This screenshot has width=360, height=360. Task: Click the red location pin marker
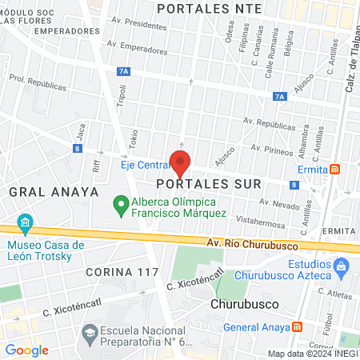tap(181, 162)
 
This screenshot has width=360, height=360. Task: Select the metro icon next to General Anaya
tap(298, 326)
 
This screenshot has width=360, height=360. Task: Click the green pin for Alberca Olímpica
tap(121, 206)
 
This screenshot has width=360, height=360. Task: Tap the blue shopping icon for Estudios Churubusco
tap(342, 264)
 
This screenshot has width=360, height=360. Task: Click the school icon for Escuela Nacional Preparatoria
tap(90, 330)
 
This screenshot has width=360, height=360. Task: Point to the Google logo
tap(26, 350)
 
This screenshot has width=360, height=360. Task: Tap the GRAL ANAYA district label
tap(54, 192)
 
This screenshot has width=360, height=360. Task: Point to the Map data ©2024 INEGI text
tap(311, 354)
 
